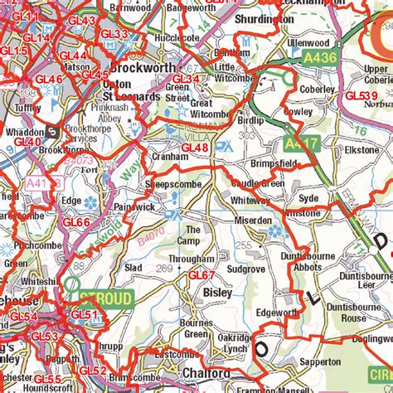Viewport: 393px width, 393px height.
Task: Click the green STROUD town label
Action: click(x=106, y=298)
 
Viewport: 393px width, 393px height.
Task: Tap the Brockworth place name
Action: click(x=143, y=66)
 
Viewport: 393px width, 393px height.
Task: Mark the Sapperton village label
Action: click(x=321, y=362)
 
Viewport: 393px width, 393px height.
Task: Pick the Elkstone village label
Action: click(x=361, y=151)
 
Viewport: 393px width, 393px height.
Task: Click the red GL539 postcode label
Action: click(x=361, y=96)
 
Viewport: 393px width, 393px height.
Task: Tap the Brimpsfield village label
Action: click(x=273, y=165)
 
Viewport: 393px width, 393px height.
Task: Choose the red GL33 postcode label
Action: click(x=114, y=33)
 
